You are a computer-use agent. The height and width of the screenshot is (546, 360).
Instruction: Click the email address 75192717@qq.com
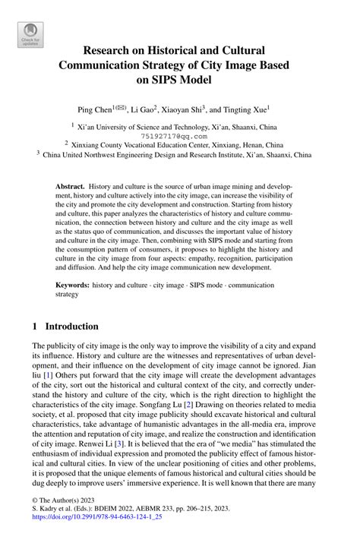coord(179,137)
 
